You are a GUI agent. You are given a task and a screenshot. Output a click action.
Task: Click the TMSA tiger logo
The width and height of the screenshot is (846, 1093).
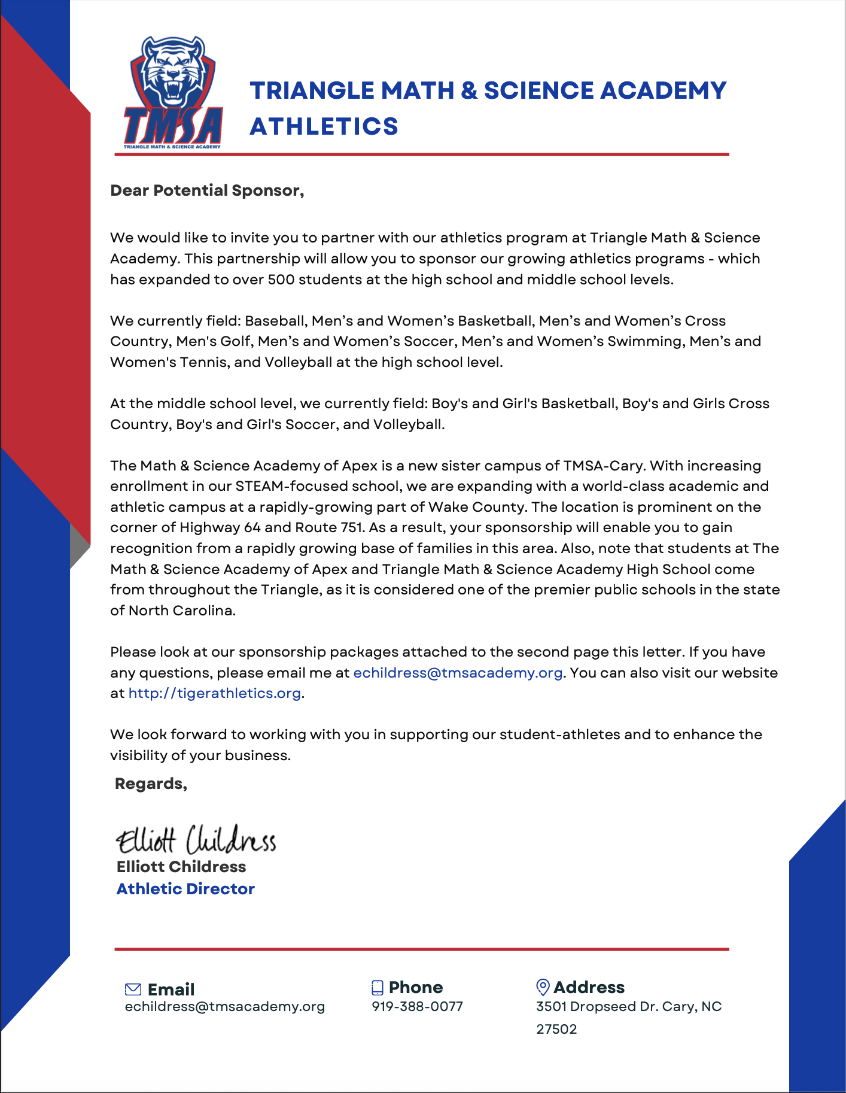tap(173, 93)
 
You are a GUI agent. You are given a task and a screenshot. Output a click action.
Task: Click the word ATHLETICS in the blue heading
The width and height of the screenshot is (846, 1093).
tap(324, 126)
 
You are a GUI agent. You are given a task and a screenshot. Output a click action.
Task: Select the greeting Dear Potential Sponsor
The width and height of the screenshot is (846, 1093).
tap(207, 190)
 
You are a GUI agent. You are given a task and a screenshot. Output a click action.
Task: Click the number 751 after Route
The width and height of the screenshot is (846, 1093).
tap(351, 527)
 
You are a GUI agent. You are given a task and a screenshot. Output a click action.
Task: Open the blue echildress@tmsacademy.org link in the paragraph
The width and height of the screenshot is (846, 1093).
tap(458, 673)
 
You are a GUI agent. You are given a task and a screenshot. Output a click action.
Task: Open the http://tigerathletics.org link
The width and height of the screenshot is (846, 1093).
tap(214, 693)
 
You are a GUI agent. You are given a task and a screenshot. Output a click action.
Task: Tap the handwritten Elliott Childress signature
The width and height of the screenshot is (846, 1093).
tap(196, 839)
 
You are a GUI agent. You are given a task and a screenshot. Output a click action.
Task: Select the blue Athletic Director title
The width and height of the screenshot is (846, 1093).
tap(185, 889)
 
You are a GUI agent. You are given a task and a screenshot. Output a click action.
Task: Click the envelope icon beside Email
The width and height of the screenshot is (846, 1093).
tap(133, 989)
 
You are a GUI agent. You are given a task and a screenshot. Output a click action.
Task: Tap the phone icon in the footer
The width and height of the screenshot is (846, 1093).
tap(377, 988)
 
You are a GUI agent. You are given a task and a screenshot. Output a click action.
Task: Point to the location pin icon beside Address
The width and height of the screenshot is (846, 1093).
tap(542, 987)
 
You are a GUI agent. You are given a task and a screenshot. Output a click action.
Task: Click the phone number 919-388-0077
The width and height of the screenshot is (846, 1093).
tap(417, 1007)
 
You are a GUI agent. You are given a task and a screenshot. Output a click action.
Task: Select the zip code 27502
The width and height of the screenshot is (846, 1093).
tap(556, 1030)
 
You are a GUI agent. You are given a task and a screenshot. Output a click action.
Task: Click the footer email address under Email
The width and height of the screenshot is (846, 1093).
tap(224, 1007)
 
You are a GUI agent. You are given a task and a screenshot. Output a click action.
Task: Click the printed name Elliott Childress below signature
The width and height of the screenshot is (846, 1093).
tap(181, 867)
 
